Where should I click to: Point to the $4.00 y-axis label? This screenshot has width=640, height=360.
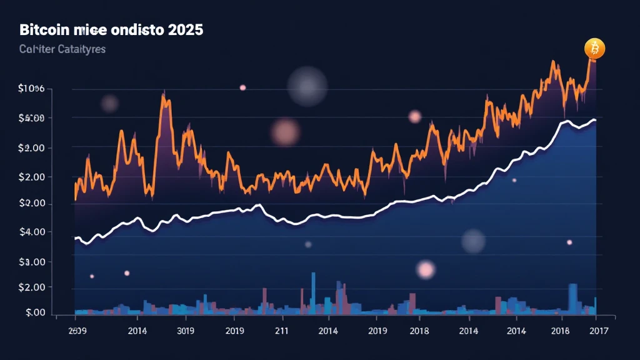pos(31,232)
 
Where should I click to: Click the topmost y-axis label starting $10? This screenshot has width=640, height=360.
pos(31,89)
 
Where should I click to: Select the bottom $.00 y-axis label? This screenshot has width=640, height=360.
pos(32,312)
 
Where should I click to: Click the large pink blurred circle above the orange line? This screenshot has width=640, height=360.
pos(286,131)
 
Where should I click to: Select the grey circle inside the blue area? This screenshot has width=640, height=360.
pos(473,241)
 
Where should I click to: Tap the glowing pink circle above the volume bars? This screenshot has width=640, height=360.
pos(426,269)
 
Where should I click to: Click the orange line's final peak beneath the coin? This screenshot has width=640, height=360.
pos(589,58)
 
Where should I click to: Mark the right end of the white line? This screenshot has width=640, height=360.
pos(595,119)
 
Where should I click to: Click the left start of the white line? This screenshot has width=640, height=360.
pos(75,238)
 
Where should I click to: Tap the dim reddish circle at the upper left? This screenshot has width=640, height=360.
pos(109,103)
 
